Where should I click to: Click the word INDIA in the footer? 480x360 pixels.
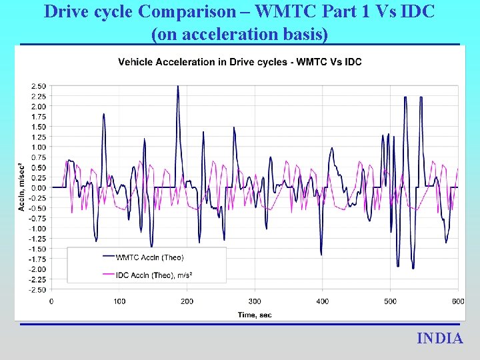pos(439,339)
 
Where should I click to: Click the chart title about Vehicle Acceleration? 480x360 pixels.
pos(239,62)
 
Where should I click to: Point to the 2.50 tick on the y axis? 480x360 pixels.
pos(38,86)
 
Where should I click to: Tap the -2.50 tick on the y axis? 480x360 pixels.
pos(37,289)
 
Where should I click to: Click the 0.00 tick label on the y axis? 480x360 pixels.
pos(38,187)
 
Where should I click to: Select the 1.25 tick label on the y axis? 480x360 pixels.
pos(38,137)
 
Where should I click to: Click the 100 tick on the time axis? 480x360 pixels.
pos(119,301)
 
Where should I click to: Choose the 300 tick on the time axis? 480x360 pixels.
pos(255,301)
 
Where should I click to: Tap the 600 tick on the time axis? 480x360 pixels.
pos(457,301)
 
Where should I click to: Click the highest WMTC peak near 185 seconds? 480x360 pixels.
pos(177,87)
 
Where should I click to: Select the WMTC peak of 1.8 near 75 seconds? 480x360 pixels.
pos(103,115)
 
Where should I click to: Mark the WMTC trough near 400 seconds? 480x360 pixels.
pos(321,254)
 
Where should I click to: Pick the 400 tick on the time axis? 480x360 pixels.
pos(322,301)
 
